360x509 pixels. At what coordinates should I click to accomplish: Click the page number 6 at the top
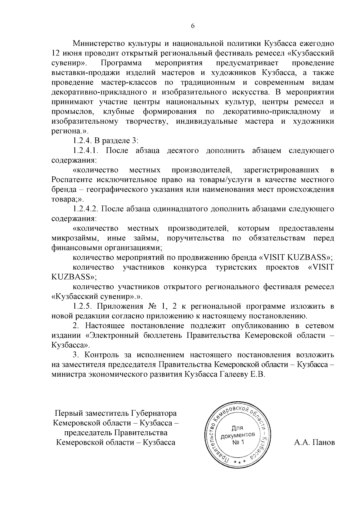pos(193,26)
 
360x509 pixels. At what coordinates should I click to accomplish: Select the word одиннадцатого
pos(183,209)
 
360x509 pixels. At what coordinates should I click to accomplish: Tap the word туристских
pos(236,267)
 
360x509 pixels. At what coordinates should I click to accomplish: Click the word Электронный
pos(112,335)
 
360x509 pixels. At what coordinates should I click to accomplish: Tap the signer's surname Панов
pos(324,442)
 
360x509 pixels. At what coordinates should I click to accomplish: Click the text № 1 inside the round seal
pos(238,442)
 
